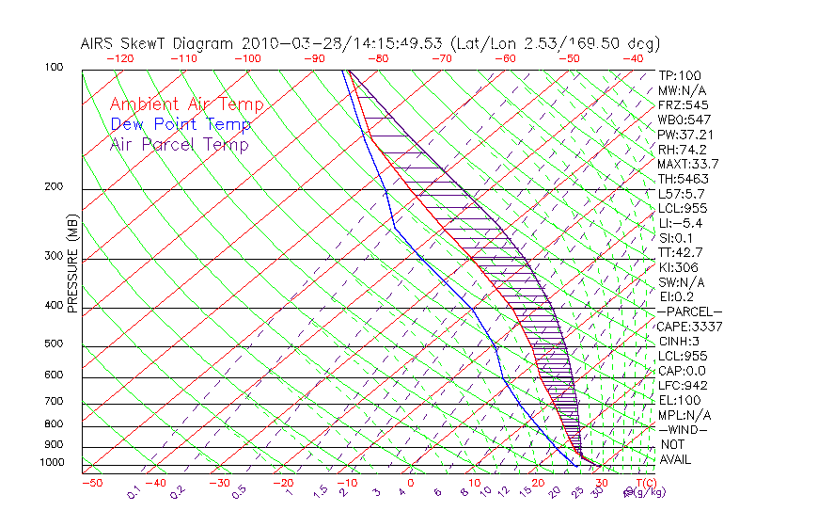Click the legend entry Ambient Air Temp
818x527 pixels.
186,104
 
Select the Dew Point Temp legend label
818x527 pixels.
181,124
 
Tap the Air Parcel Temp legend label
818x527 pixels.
179,144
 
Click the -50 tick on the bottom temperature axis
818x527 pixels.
92,483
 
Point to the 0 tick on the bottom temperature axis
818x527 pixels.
412,483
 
